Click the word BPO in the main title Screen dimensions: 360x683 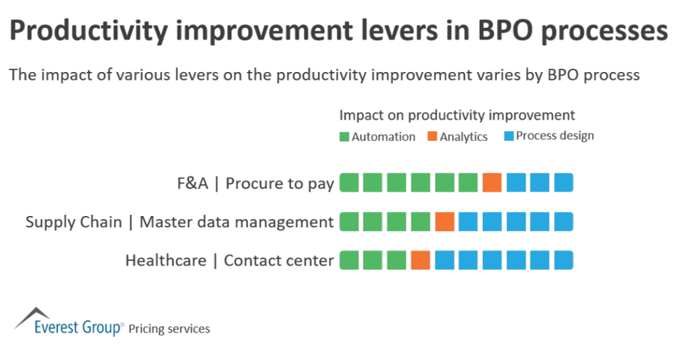pyautogui.click(x=487, y=33)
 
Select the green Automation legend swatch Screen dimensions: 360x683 pyautogui.click(x=344, y=137)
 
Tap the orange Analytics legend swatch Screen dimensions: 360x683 pyautogui.click(x=432, y=137)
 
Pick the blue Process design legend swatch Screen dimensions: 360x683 pyautogui.click(x=508, y=137)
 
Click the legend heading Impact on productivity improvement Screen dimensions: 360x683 pyautogui.click(x=457, y=115)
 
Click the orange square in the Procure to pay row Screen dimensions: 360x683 pyautogui.click(x=492, y=183)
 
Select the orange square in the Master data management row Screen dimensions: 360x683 pyautogui.click(x=444, y=221)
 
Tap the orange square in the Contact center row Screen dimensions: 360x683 pyautogui.click(x=420, y=260)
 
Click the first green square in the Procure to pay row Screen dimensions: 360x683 pyautogui.click(x=349, y=183)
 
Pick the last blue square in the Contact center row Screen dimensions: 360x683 pyautogui.click(x=564, y=260)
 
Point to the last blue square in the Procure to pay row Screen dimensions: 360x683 pyautogui.click(x=564, y=183)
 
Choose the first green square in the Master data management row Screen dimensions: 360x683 pyautogui.click(x=349, y=221)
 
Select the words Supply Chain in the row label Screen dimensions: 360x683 pyautogui.click(x=73, y=222)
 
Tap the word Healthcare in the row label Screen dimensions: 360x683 pyautogui.click(x=165, y=260)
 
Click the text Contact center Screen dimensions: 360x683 pyautogui.click(x=279, y=260)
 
